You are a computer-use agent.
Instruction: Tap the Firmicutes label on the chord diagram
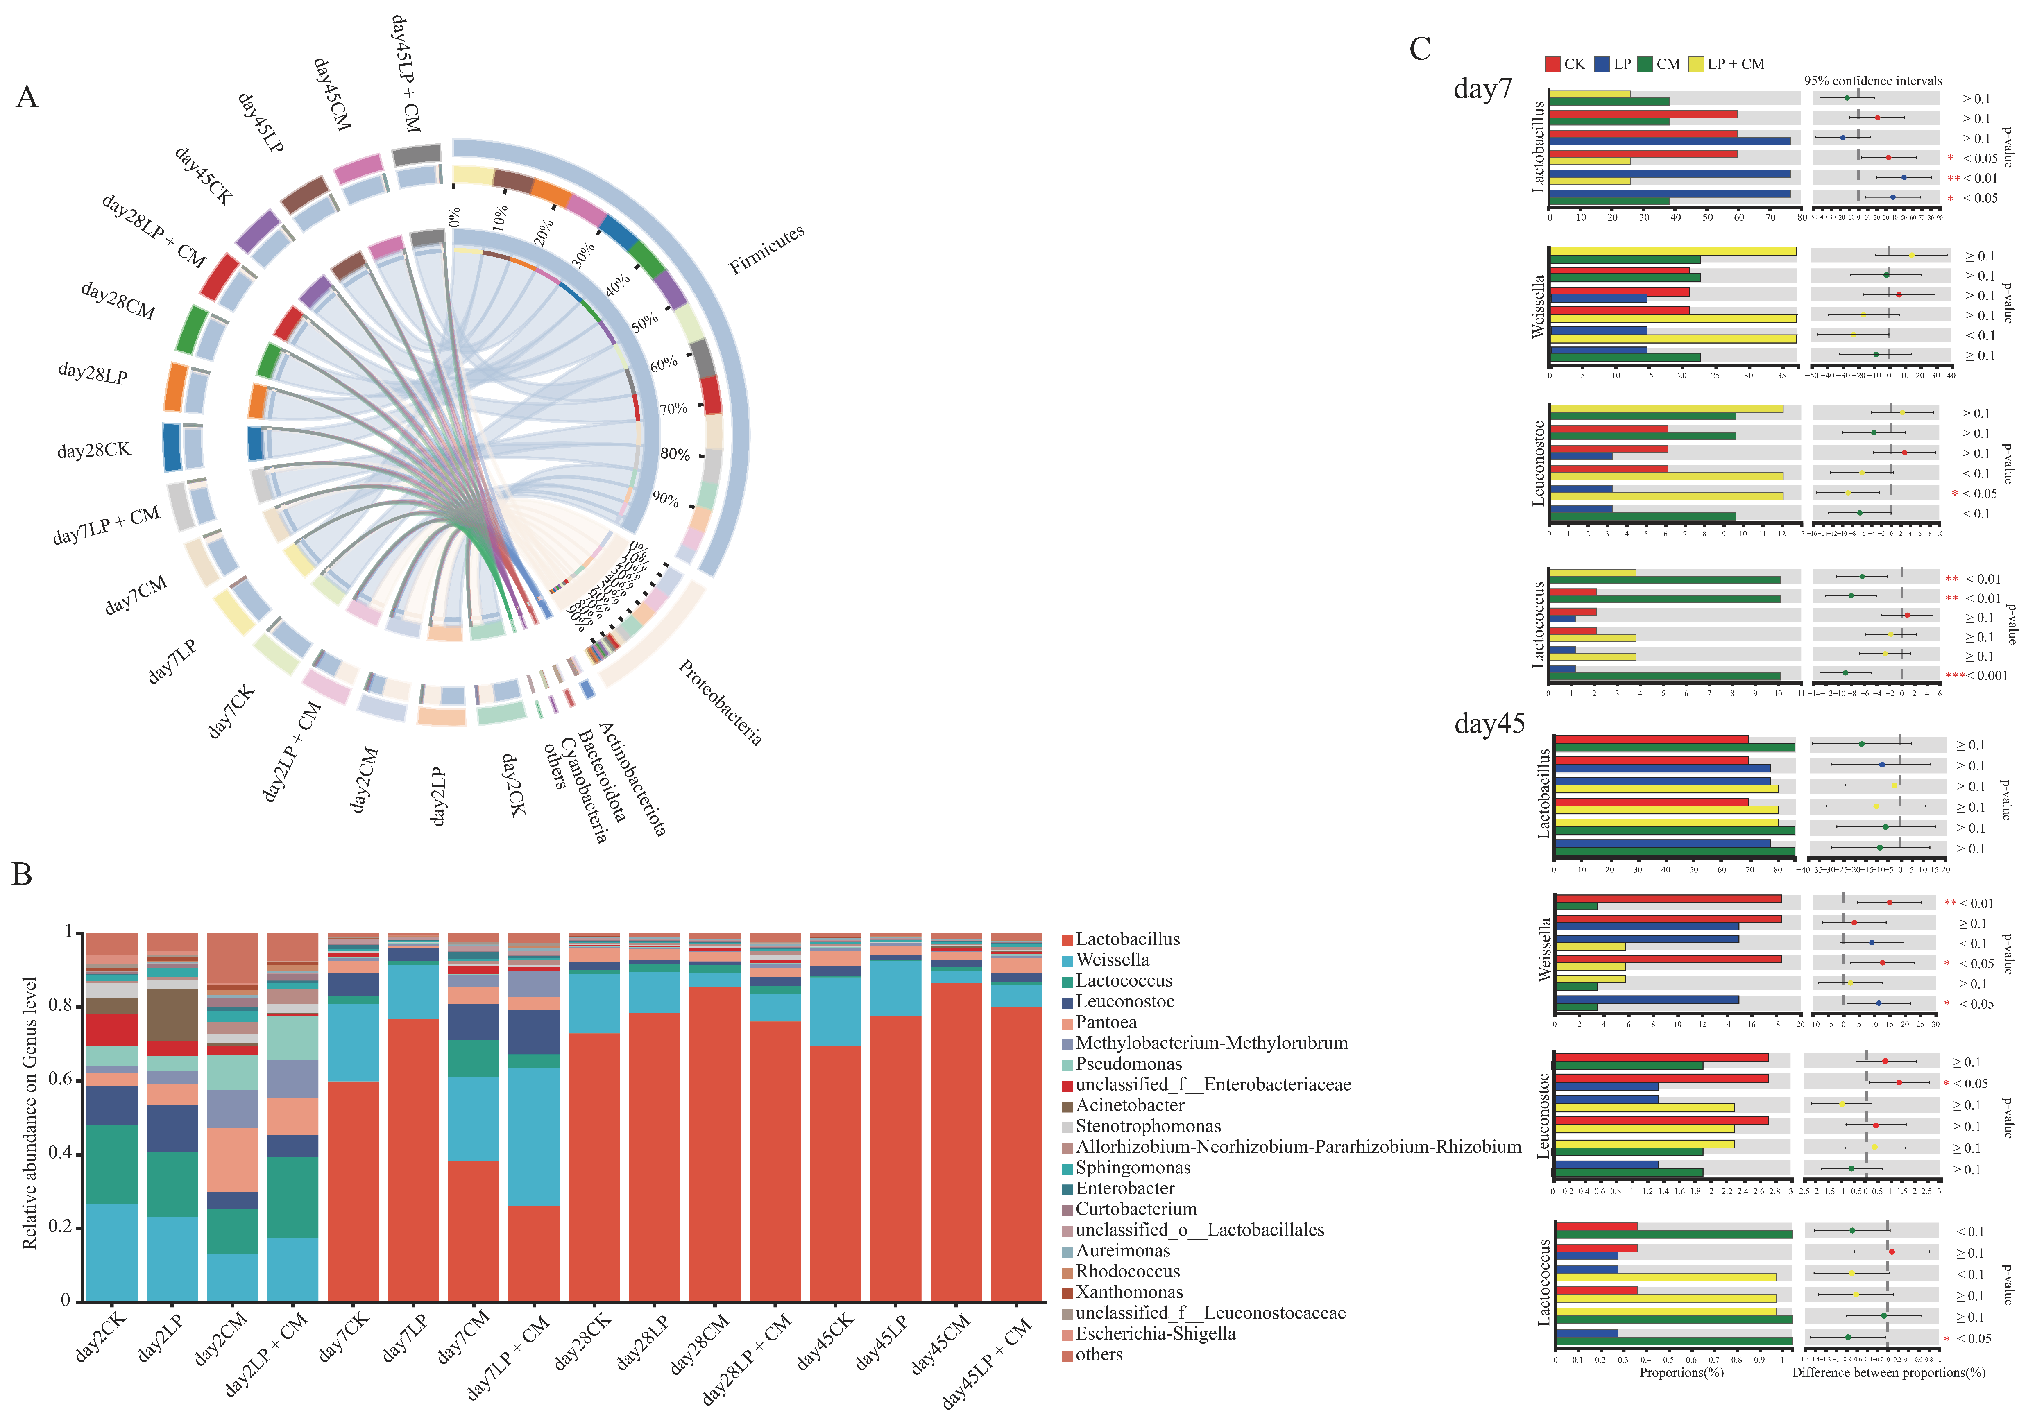(x=767, y=249)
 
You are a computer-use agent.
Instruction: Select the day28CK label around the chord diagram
(x=94, y=450)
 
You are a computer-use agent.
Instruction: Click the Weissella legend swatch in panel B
(x=1068, y=961)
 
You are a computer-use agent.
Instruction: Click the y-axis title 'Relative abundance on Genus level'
(x=30, y=1113)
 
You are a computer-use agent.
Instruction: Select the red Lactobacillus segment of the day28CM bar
(x=714, y=1143)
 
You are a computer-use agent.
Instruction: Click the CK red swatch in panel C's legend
(x=1552, y=64)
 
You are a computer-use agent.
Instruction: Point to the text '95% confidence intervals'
(x=1873, y=81)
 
